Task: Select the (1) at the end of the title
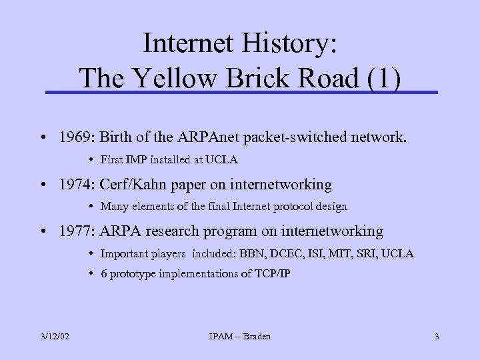[383, 79]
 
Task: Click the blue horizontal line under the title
[240, 92]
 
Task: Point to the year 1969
[76, 138]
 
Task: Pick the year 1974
[76, 185]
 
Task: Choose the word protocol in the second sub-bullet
[283, 207]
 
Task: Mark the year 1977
[76, 231]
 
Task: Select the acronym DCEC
[278, 254]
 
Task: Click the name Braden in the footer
[256, 337]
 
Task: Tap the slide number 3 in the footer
[437, 337]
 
